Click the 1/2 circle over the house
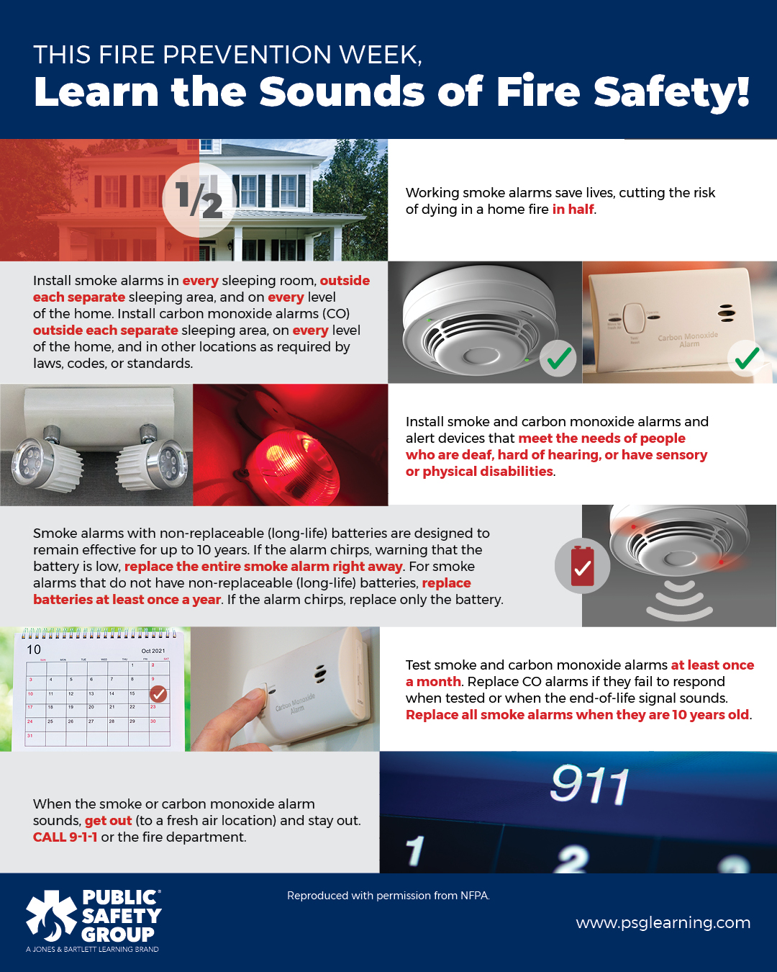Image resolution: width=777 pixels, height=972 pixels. click(x=199, y=199)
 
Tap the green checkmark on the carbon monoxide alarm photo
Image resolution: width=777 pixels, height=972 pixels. click(x=748, y=357)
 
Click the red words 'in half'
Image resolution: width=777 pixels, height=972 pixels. click(x=573, y=210)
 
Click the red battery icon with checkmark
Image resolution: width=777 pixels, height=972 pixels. click(x=582, y=566)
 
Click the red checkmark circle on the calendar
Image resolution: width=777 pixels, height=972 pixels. click(x=158, y=694)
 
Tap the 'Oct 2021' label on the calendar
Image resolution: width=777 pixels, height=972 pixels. click(x=153, y=651)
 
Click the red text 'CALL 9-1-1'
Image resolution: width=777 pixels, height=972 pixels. click(x=65, y=837)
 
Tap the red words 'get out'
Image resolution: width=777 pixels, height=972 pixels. click(x=108, y=821)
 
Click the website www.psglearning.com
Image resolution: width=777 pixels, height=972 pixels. click(x=663, y=923)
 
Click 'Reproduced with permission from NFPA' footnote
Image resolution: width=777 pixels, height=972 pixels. click(x=388, y=896)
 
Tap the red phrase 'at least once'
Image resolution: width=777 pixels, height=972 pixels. click(x=712, y=665)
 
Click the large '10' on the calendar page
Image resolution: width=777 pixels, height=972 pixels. click(x=34, y=649)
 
